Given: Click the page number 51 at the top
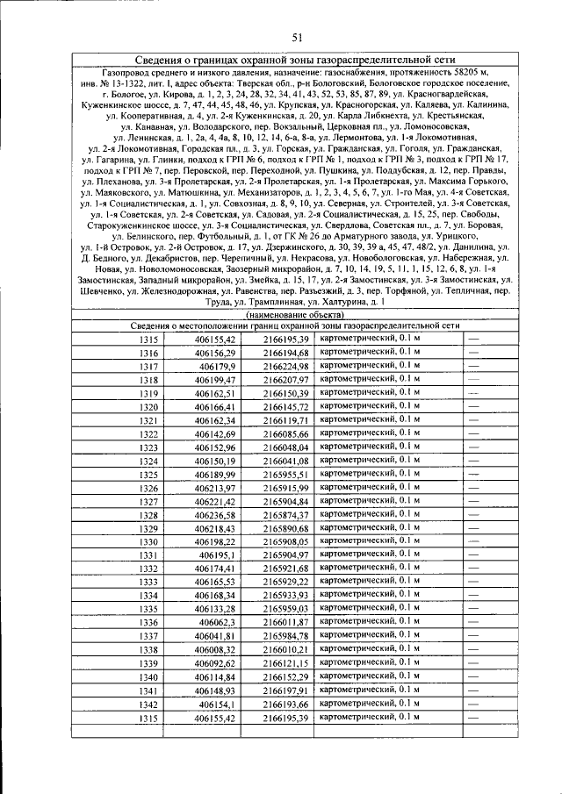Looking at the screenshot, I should tap(296, 37).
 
